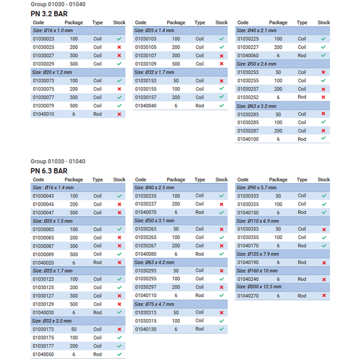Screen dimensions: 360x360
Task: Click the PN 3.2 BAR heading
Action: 49,14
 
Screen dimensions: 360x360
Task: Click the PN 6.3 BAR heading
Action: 49,171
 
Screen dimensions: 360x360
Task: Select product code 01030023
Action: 43,39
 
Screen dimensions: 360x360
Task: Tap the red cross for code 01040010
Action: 119,114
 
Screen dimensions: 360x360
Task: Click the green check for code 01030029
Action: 119,64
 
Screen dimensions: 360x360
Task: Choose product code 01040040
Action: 146,106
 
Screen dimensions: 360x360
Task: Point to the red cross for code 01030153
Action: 221,81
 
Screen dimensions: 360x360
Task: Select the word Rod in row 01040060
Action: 302,56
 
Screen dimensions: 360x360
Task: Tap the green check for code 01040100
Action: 323,138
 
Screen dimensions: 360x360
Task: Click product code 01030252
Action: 248,97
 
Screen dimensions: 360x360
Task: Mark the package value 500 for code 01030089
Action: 74,254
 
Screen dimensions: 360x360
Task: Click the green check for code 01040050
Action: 119,354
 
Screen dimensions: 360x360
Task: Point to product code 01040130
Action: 146,329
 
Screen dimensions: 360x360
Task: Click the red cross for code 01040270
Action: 324,295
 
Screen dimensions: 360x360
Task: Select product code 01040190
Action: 248,262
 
